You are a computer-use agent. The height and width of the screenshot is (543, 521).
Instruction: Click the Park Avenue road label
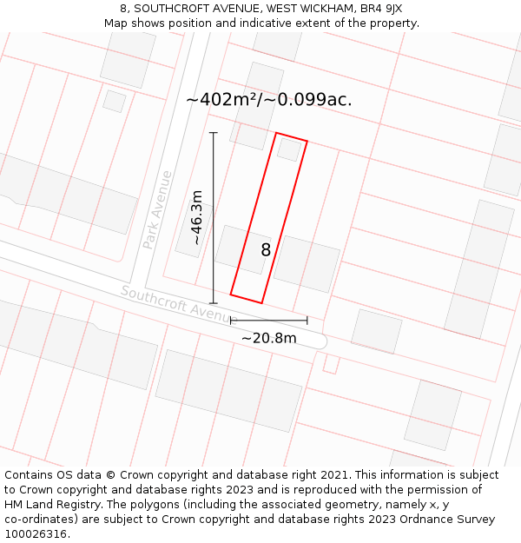157,209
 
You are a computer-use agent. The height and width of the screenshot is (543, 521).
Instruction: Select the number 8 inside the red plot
266,250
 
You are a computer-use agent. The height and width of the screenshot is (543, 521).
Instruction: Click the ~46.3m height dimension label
197,217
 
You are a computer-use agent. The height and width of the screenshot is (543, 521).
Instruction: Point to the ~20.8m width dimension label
268,338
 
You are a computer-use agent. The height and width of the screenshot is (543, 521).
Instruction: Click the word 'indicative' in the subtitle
259,23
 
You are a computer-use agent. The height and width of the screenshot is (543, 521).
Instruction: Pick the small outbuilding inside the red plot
289,149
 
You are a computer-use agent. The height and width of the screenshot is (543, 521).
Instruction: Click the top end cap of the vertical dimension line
214,133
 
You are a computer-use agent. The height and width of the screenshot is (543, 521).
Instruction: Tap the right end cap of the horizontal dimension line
307,321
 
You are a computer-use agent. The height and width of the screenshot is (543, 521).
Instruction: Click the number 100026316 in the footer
37,533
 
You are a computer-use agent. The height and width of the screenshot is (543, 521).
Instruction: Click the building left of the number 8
242,249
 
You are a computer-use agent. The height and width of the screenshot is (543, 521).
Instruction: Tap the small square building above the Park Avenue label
114,101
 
